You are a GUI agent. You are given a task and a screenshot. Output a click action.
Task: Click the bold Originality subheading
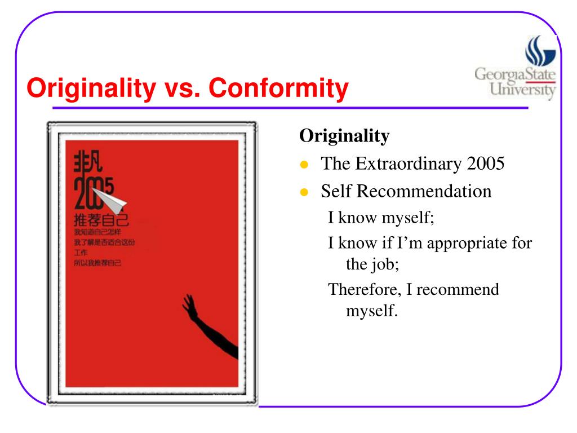coord(344,136)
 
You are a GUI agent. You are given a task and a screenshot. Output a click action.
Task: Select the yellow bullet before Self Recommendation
coord(304,192)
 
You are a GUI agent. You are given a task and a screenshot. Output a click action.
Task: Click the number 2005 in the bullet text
coord(485,164)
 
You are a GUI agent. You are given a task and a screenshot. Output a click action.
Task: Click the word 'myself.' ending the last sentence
coord(372,311)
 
